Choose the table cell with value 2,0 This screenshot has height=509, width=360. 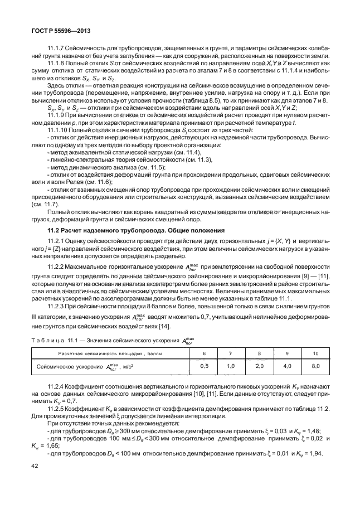tap(258, 366)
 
